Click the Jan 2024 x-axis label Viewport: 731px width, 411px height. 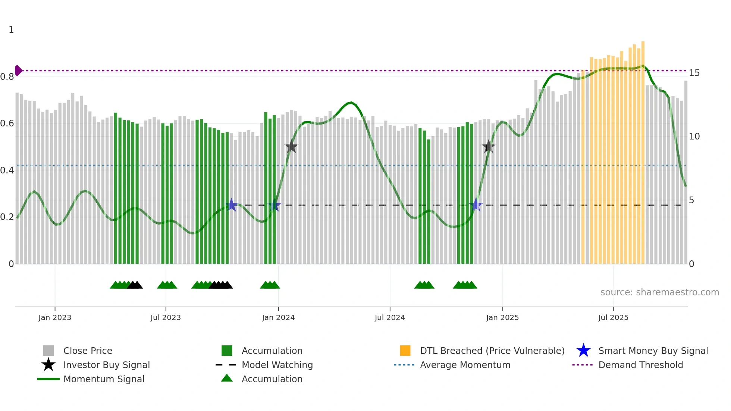[x=278, y=317]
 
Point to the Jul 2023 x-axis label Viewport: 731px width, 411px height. [x=166, y=317]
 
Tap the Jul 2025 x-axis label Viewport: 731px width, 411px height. [x=613, y=317]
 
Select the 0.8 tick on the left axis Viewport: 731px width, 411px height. [x=7, y=77]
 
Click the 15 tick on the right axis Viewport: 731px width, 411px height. [x=694, y=73]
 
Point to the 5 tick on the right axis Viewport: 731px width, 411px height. [x=691, y=200]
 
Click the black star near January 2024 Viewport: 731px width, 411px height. [x=291, y=147]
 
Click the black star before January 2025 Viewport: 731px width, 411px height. [x=488, y=147]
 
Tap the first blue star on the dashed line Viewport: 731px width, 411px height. [x=231, y=205]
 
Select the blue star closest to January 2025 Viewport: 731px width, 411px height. [x=476, y=205]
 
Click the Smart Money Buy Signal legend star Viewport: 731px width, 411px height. [x=583, y=351]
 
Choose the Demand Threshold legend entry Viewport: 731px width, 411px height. [x=640, y=365]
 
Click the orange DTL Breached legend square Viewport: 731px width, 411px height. [x=405, y=351]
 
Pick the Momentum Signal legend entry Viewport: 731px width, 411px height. [x=104, y=379]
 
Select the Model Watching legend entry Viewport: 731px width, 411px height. [x=277, y=365]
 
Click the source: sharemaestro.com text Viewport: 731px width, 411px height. [x=659, y=292]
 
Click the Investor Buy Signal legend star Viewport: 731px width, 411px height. [x=48, y=365]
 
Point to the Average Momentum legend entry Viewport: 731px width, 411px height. [x=465, y=365]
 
